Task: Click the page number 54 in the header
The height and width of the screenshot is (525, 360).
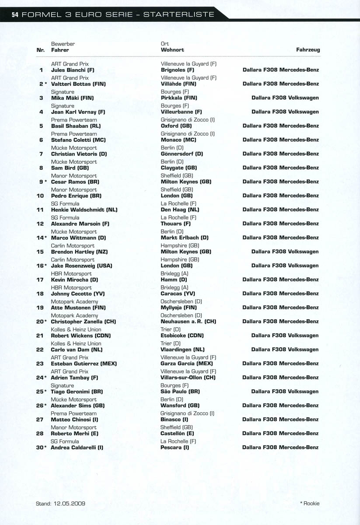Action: (15, 15)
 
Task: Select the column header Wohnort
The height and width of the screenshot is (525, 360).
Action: (172, 50)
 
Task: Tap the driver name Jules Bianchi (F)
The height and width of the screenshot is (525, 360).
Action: (73, 70)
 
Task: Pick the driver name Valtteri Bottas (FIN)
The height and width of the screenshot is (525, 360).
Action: (78, 84)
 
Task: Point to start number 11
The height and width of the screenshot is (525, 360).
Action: (40, 210)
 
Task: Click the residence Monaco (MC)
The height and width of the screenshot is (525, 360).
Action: (178, 140)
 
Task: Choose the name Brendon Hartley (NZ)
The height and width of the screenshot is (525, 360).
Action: (79, 252)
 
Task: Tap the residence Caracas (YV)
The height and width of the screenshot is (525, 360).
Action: (178, 294)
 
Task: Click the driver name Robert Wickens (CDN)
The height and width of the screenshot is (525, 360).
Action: (81, 336)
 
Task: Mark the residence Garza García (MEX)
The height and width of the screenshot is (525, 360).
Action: (187, 364)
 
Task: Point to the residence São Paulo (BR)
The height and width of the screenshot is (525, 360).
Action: (180, 392)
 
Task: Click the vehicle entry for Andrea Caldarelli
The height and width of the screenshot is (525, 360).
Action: (280, 448)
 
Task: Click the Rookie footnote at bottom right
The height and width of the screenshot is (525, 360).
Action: (310, 504)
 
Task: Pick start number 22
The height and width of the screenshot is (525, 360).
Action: (40, 350)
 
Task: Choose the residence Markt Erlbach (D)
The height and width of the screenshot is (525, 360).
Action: (185, 238)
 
